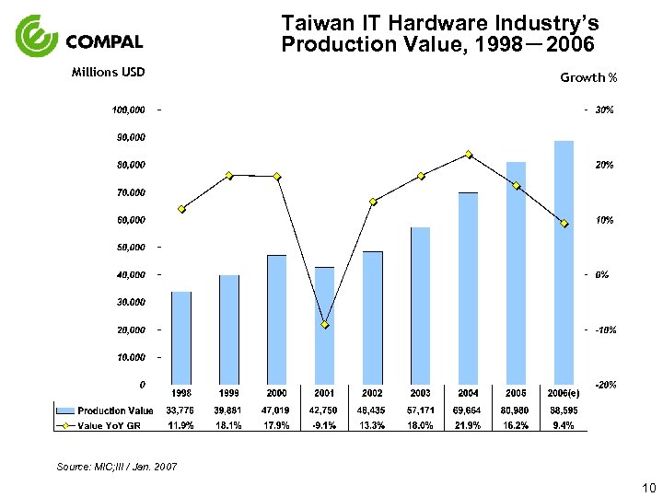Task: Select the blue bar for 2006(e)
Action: click(564, 262)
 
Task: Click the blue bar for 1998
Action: click(181, 338)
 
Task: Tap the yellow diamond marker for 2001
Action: click(325, 325)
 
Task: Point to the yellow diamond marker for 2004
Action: click(469, 155)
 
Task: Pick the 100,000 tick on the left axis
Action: click(129, 110)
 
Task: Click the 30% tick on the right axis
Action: click(605, 110)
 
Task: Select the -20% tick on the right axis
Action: click(605, 384)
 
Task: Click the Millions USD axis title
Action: click(109, 73)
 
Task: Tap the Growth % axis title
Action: click(588, 78)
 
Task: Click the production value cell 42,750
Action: click(324, 410)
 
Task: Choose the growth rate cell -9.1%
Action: click(324, 425)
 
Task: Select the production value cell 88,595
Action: click(563, 410)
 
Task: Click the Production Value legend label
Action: click(115, 410)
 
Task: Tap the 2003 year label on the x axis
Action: click(420, 393)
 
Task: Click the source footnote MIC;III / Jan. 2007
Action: click(117, 468)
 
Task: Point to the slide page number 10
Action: click(648, 487)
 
